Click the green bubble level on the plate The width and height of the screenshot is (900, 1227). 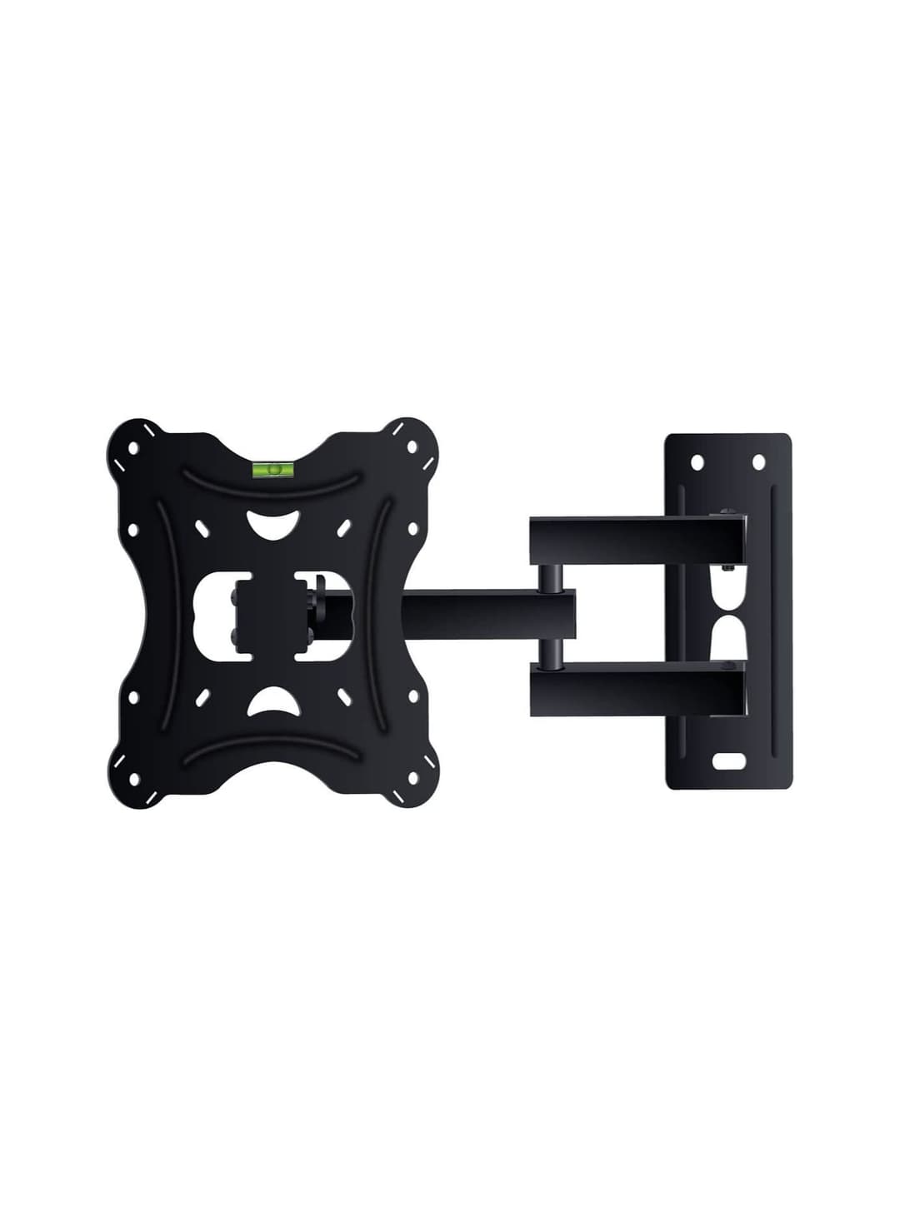tap(272, 471)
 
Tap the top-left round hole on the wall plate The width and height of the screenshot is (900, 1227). tap(697, 461)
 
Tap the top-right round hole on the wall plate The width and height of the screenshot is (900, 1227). tap(758, 461)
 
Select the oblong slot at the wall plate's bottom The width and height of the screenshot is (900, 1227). tap(727, 761)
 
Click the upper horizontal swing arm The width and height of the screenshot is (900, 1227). tap(637, 541)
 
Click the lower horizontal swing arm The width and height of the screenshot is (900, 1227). tap(637, 688)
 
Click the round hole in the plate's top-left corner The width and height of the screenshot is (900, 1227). tap(133, 447)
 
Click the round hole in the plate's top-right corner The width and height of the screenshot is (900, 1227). tap(411, 447)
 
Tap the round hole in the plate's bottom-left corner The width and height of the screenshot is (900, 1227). tap(133, 779)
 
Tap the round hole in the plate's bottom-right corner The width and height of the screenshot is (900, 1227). tap(411, 779)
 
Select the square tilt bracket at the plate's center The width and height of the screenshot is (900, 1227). tap(265, 613)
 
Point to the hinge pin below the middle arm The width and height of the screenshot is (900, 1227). tap(550, 653)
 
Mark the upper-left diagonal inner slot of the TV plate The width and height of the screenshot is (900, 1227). tap(201, 528)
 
